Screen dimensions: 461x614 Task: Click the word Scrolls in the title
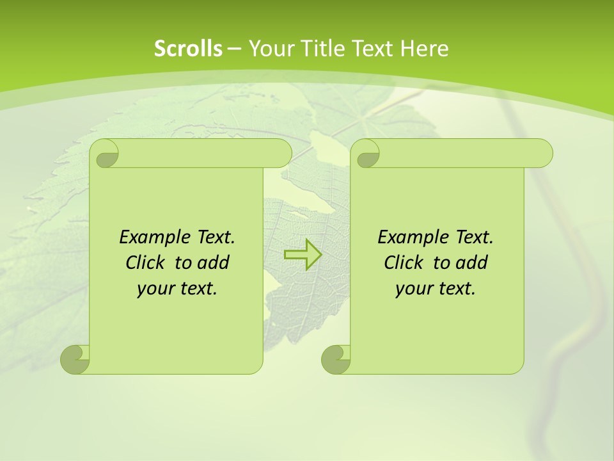tap(188, 48)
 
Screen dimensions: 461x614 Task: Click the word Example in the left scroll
tap(151, 238)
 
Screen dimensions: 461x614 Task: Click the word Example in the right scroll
tap(409, 238)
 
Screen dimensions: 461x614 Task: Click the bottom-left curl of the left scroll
tap(75, 358)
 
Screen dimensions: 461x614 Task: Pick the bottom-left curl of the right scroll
tap(336, 358)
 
